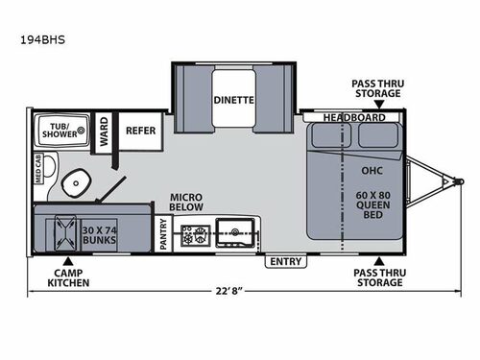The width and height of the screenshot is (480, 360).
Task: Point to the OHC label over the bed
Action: pos(372,174)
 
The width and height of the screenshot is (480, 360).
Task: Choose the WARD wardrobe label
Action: pos(103,136)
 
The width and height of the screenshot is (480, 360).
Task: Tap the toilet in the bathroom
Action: pos(70,183)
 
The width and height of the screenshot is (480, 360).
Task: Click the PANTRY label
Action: pos(163,233)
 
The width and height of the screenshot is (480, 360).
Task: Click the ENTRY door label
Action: pos(285,261)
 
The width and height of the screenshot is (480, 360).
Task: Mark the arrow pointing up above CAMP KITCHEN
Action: pos(68,259)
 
